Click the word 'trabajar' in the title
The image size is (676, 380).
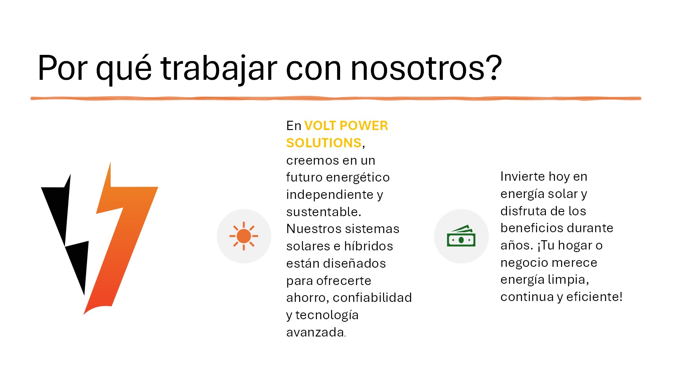[218, 68]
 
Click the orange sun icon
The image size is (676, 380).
[244, 236]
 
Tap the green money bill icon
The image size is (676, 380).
[461, 236]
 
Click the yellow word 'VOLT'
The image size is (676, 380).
[321, 126]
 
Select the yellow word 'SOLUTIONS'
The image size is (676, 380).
[324, 143]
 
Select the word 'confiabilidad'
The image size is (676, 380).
[372, 298]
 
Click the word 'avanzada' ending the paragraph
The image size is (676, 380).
[315, 332]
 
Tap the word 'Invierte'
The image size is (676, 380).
[522, 176]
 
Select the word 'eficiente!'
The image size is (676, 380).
[594, 297]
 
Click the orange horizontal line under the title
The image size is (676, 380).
[336, 98]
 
